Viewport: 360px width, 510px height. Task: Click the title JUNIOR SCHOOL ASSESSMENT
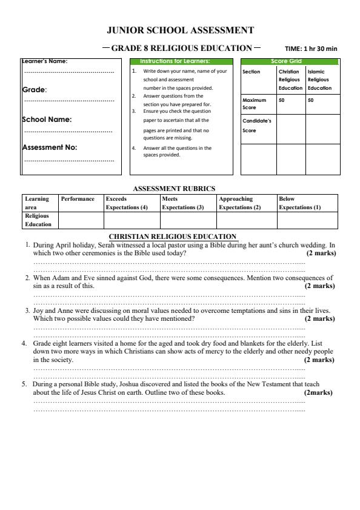click(180, 30)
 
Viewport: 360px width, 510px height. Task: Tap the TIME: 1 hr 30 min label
click(311, 49)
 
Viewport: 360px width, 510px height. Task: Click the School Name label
click(47, 119)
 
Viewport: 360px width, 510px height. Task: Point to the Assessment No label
click(50, 147)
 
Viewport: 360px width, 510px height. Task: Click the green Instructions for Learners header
click(179, 61)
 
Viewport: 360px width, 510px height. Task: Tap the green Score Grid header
click(289, 61)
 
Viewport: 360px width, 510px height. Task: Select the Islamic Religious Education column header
click(318, 79)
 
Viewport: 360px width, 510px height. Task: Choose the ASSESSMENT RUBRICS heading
click(174, 189)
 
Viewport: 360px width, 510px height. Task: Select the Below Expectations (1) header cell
click(299, 203)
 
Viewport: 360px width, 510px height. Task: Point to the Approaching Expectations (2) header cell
click(239, 203)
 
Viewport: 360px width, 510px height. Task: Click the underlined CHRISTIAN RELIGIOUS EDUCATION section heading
click(172, 237)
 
